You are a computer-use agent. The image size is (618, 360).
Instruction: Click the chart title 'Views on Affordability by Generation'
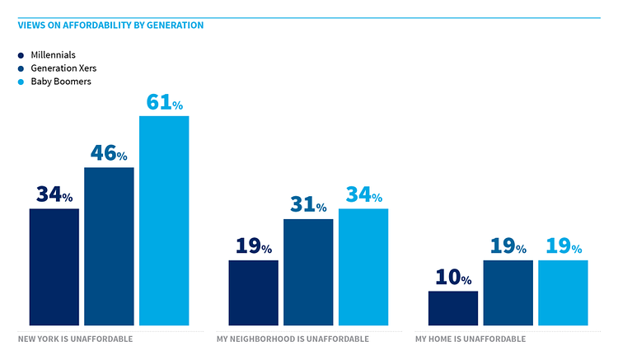click(x=110, y=26)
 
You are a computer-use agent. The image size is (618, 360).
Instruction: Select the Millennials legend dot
click(x=21, y=55)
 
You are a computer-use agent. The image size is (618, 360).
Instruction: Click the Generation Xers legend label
click(x=58, y=68)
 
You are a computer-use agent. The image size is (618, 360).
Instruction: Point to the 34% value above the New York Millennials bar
click(x=54, y=194)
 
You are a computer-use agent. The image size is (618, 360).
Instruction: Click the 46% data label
click(x=109, y=153)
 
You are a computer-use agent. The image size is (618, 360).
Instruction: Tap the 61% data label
click(x=164, y=102)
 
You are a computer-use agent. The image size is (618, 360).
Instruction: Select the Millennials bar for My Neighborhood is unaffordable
click(x=253, y=292)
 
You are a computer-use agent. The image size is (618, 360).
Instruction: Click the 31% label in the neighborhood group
click(x=308, y=205)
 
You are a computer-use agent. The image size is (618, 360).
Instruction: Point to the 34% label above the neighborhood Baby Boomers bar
click(x=363, y=195)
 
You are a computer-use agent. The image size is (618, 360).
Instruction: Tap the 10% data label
click(x=452, y=278)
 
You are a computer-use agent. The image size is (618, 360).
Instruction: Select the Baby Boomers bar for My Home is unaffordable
click(x=563, y=292)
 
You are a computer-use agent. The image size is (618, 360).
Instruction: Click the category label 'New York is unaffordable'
click(x=75, y=339)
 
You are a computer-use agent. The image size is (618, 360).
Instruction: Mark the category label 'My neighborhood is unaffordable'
click(x=293, y=339)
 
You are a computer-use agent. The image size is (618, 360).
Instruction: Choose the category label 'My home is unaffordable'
click(x=470, y=339)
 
